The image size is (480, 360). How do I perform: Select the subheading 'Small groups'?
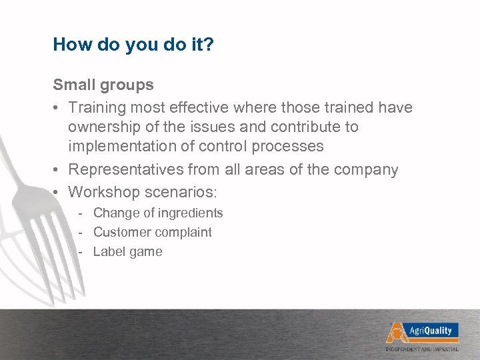point(103,85)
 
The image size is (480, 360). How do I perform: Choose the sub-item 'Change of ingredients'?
point(158,213)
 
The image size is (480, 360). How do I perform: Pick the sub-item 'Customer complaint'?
point(153,233)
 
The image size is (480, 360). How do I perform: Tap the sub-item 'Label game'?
point(127,252)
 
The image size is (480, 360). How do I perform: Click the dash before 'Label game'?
point(80,252)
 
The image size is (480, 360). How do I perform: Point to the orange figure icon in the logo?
point(396,331)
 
